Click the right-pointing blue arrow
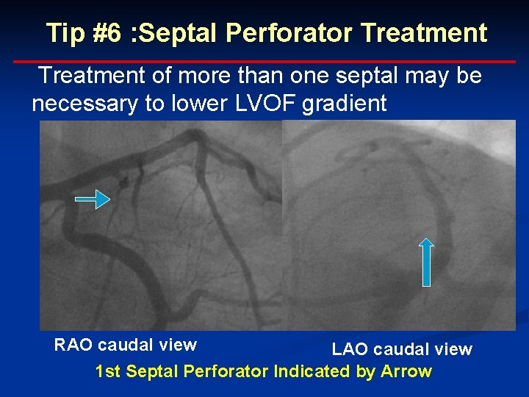pos(93,198)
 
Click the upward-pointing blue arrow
pos(427,261)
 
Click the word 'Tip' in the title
pos(64,33)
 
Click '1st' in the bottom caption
pos(108,371)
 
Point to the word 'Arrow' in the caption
pos(406,371)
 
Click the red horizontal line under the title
pos(264,61)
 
